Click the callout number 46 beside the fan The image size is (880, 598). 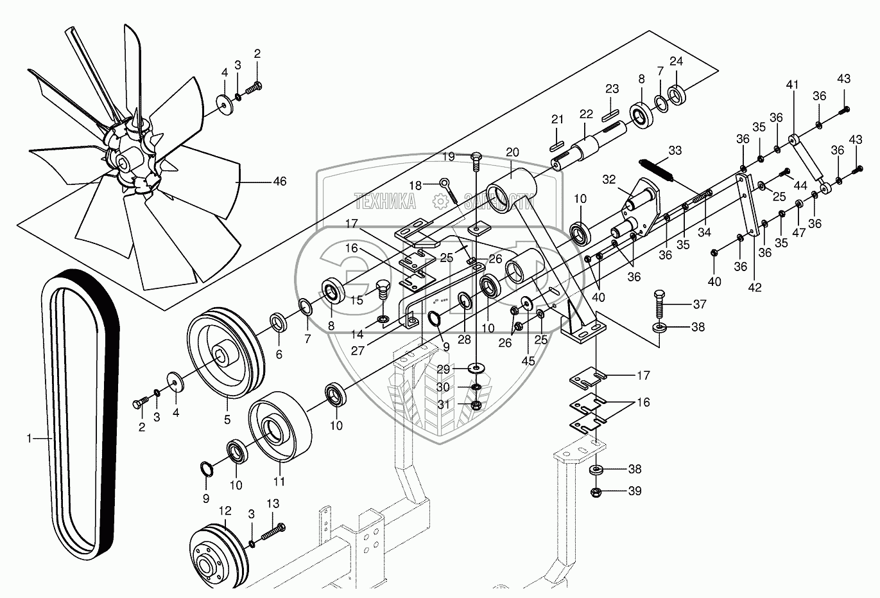279,182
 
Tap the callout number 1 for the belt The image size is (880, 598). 29,438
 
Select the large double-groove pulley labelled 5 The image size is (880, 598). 225,354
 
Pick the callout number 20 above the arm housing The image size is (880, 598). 512,152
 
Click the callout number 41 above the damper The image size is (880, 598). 792,85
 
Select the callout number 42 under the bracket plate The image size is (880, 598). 755,287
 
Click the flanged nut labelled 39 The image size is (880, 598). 597,492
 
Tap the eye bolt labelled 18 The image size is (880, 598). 448,189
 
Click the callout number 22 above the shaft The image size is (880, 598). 585,114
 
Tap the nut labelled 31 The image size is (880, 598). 476,405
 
